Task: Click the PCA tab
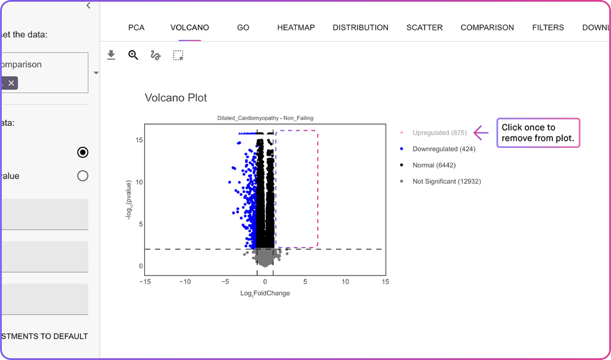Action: (x=136, y=28)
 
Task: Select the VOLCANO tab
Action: (x=189, y=28)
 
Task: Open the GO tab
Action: (x=243, y=28)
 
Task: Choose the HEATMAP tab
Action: (x=296, y=28)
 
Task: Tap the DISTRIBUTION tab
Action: (x=360, y=28)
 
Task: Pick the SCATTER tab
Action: (x=425, y=28)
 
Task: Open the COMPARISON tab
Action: (x=487, y=28)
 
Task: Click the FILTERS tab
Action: (x=548, y=28)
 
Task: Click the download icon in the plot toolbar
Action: (x=111, y=55)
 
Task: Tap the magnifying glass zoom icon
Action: (x=133, y=55)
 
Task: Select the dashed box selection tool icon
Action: (x=178, y=55)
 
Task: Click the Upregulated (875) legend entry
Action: (x=439, y=133)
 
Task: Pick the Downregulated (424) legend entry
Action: (x=444, y=149)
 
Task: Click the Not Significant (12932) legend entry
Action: (x=446, y=182)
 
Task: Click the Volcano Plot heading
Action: (x=176, y=98)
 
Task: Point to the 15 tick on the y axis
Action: (x=139, y=140)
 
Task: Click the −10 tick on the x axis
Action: (x=185, y=281)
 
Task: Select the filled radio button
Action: (x=82, y=152)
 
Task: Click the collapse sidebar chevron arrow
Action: (x=89, y=6)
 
